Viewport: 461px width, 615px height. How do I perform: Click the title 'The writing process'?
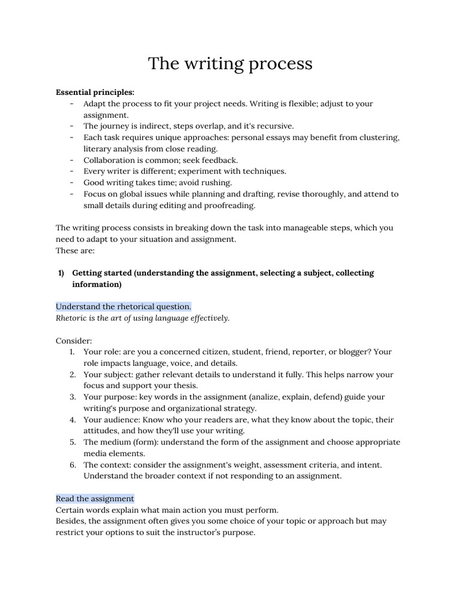[x=230, y=63]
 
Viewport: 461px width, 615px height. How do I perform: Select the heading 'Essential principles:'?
[x=95, y=92]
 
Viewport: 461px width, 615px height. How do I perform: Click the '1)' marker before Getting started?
[x=61, y=273]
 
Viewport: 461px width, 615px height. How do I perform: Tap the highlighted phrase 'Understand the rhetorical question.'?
[x=124, y=307]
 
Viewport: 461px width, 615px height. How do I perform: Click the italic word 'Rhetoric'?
[x=72, y=318]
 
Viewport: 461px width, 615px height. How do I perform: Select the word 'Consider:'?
[x=74, y=341]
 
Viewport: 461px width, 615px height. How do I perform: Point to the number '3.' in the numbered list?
[x=72, y=397]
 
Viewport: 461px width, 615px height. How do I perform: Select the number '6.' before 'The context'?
[x=72, y=465]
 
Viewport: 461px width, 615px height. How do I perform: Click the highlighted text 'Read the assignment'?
[x=95, y=499]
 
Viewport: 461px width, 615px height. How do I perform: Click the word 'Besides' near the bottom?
[x=71, y=521]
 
